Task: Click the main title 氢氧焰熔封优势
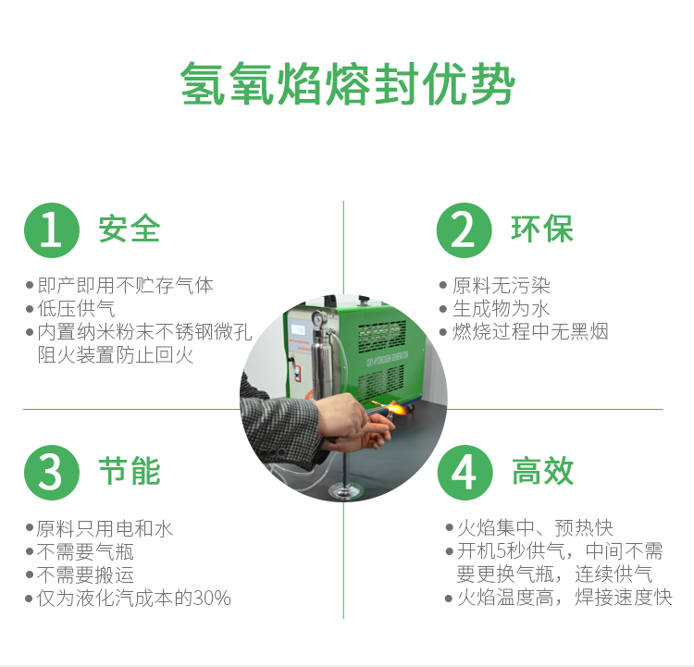point(347,85)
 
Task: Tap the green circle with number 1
point(51,230)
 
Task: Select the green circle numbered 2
point(464,230)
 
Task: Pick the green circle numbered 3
point(51,472)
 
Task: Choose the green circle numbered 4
point(464,472)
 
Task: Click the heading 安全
point(130,229)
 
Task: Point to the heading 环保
point(542,229)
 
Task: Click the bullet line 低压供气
point(77,309)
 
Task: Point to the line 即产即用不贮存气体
point(125,286)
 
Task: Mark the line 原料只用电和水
point(105,529)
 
